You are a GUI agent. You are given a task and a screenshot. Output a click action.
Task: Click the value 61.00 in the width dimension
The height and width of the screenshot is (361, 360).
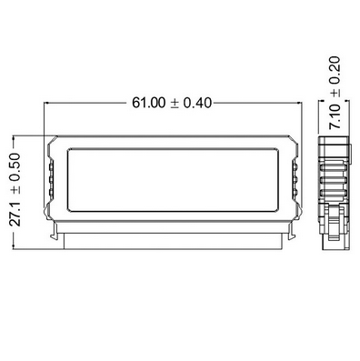tap(149, 103)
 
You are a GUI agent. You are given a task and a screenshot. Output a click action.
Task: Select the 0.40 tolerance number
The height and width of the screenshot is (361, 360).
tap(197, 103)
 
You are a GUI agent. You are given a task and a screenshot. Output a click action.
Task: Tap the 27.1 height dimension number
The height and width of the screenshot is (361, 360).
tap(15, 214)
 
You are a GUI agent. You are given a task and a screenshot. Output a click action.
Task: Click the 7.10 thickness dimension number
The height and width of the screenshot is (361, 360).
tap(335, 116)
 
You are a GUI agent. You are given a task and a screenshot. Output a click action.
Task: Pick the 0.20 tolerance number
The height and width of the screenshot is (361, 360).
tap(335, 70)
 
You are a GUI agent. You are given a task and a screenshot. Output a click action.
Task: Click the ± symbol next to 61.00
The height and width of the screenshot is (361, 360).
tap(175, 104)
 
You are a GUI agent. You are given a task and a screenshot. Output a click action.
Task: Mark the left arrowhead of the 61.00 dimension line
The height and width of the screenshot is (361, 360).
tap(46, 104)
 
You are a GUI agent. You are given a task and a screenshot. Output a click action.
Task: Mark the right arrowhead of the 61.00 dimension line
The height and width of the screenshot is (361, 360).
tap(300, 104)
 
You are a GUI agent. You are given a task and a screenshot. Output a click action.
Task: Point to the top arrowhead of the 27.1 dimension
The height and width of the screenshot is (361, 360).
tap(14, 139)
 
